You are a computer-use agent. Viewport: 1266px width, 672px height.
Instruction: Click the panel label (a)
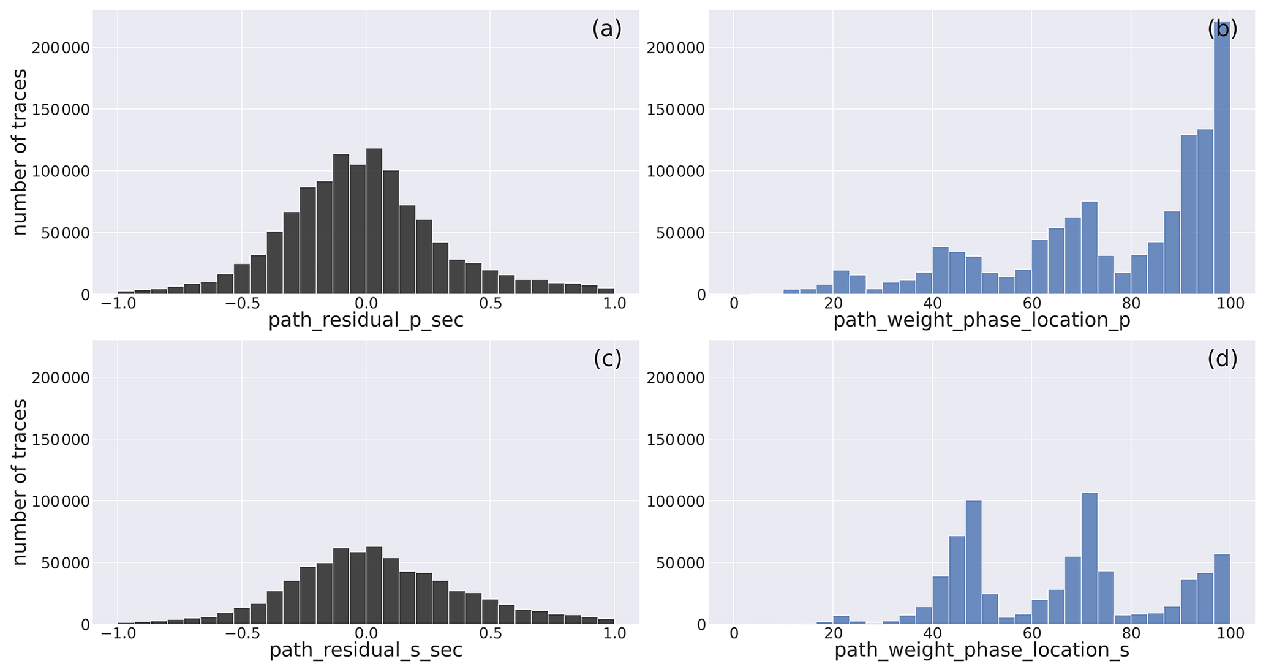coord(606,29)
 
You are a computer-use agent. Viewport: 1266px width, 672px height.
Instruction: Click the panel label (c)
coord(607,359)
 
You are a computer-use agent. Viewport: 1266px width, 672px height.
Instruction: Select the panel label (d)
coord(1222,359)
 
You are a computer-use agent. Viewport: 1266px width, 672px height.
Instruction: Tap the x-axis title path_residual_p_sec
coord(366,320)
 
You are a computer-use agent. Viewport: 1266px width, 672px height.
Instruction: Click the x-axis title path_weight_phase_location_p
coord(981,320)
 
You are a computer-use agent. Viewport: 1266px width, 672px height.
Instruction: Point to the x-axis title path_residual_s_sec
coord(366,650)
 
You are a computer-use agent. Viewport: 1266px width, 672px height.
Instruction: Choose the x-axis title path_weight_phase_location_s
coord(981,650)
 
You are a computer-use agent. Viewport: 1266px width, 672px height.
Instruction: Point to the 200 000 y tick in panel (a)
coord(60,48)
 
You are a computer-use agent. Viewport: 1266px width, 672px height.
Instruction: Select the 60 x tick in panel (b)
coord(1031,304)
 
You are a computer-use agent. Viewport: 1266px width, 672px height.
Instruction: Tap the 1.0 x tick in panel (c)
coord(614,633)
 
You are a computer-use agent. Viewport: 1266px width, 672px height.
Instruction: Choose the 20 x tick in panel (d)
coord(833,633)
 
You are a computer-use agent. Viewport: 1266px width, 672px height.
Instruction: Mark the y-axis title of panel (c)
coord(20,482)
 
